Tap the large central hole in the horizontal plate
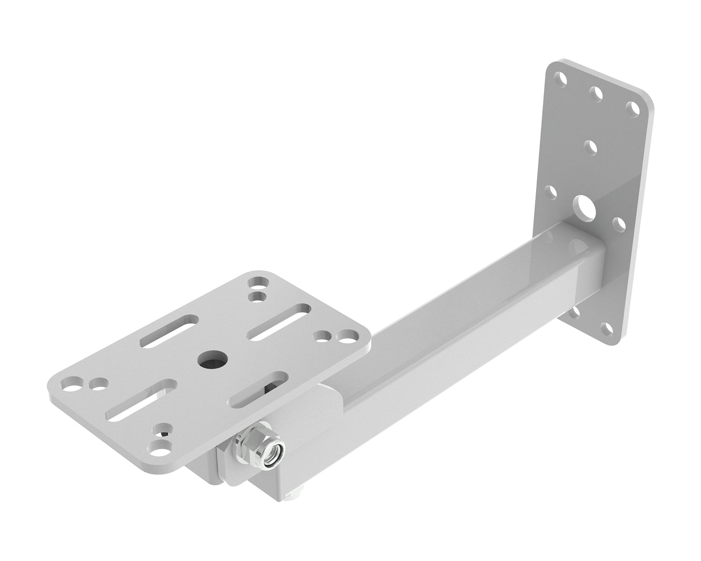pos(212,359)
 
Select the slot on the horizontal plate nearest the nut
pos(257,389)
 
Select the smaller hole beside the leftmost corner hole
pos(98,384)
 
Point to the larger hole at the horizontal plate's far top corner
pos(258,283)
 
